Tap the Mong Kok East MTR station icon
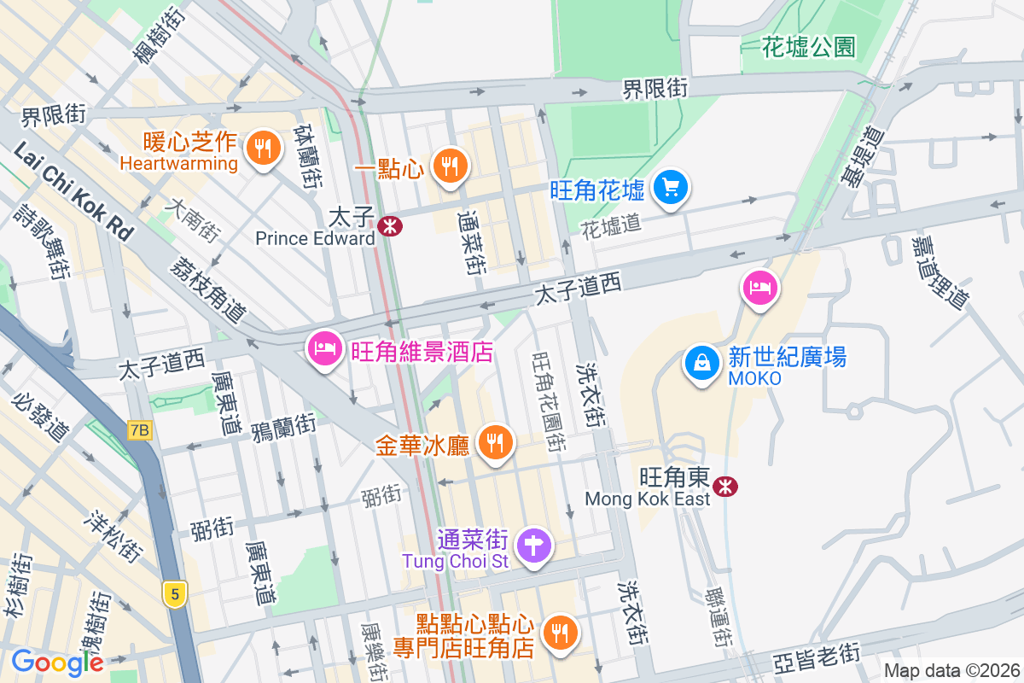[x=726, y=486]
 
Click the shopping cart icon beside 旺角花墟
[x=671, y=188]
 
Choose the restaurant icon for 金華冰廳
[x=493, y=442]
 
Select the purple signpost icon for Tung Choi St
[x=534, y=544]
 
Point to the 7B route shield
[x=139, y=431]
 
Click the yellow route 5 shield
[x=174, y=594]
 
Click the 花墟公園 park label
[x=810, y=46]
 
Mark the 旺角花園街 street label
[x=548, y=401]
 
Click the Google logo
[x=56, y=662]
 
